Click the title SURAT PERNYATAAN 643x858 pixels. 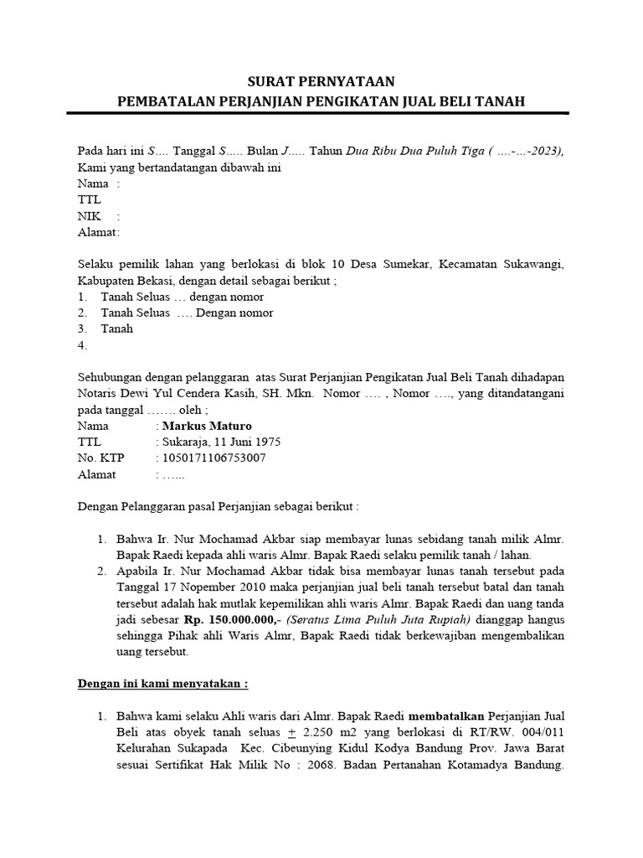coord(321,82)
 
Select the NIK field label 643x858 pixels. coord(89,215)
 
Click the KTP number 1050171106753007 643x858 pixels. coord(214,457)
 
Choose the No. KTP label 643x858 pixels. coord(100,457)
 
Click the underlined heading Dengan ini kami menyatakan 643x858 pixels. coord(162,683)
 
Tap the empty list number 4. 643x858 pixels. coord(82,345)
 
